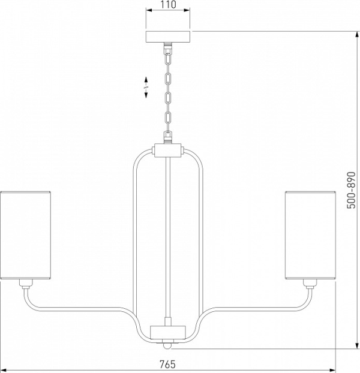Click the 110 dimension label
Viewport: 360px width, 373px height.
(x=167, y=4)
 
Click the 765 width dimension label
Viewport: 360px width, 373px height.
(x=167, y=364)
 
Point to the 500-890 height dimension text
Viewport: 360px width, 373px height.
(x=352, y=190)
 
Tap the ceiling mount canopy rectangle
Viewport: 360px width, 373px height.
(x=168, y=37)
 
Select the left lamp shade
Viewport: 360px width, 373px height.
(x=25, y=235)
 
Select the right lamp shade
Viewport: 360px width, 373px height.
(x=310, y=235)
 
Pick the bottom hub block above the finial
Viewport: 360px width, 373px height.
(x=168, y=332)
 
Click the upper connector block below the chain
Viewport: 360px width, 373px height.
(x=168, y=150)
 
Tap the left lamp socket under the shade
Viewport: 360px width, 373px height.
(x=26, y=284)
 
